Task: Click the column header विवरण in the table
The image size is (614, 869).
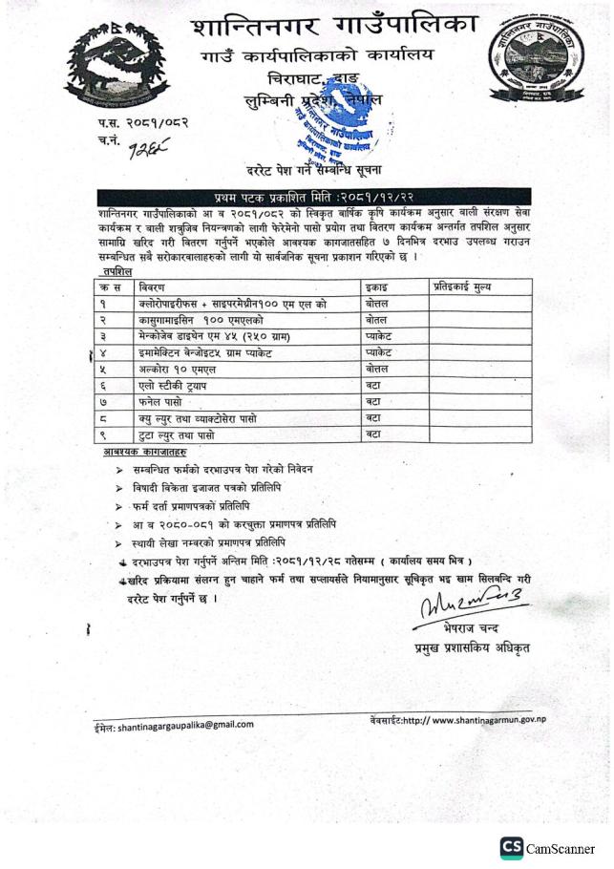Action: coord(153,286)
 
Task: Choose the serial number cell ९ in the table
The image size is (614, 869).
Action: coord(100,434)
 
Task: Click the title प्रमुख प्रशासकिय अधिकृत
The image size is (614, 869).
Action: coord(467,648)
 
